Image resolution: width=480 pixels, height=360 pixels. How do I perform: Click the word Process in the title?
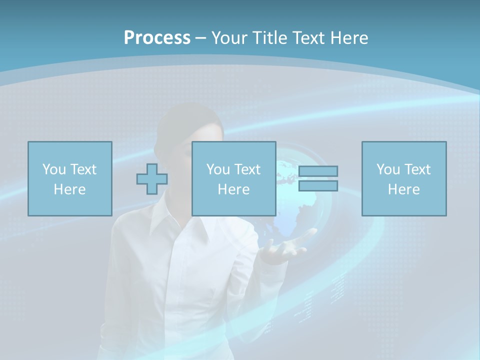(157, 38)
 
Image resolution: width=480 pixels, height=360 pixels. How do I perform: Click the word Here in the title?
(348, 38)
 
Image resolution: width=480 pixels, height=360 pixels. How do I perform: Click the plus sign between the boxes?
(152, 179)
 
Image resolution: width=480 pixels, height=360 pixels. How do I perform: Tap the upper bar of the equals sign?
(318, 171)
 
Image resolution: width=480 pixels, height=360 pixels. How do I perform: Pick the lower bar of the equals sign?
(318, 185)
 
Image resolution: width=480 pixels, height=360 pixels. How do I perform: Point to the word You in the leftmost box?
(53, 169)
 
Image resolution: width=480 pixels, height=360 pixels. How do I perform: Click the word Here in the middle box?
(233, 189)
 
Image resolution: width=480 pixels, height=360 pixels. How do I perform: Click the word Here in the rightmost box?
(403, 189)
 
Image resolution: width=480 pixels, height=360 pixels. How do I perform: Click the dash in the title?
(201, 38)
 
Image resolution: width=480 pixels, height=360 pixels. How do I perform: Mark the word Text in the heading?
(308, 38)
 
